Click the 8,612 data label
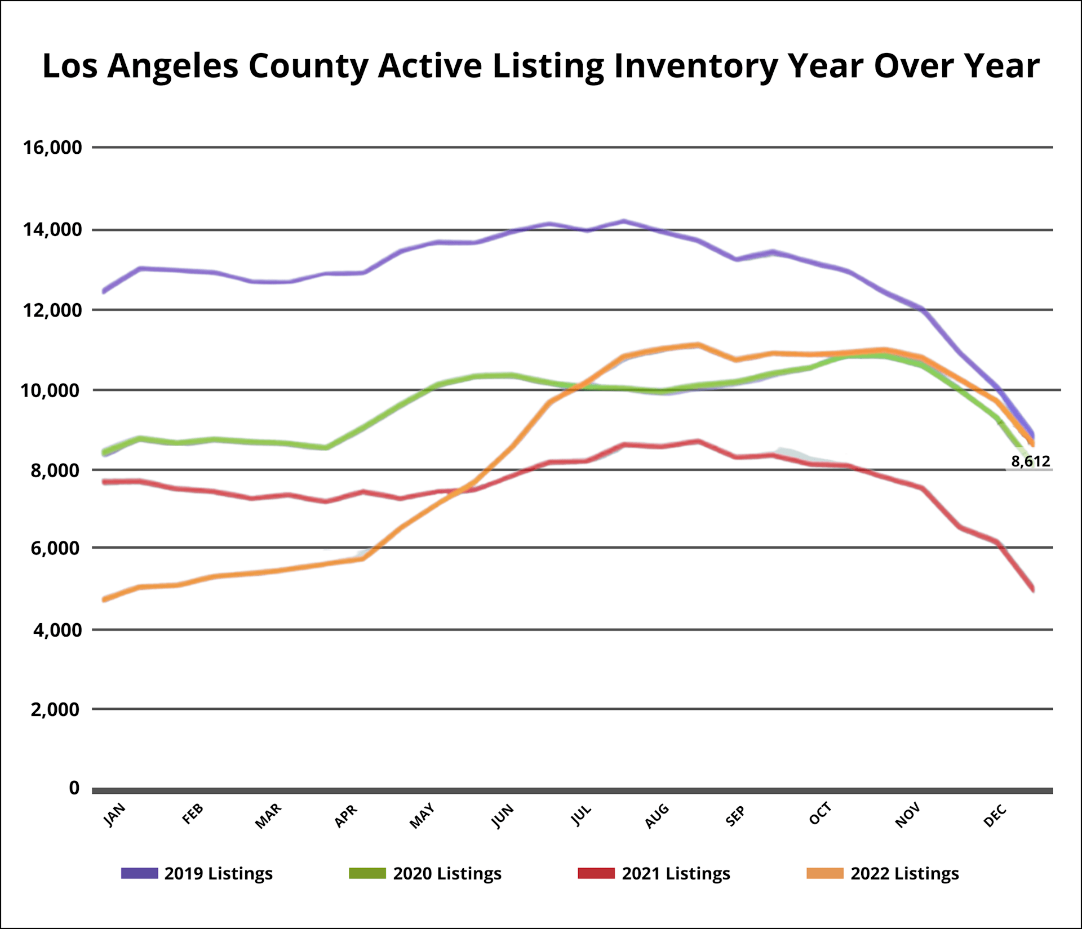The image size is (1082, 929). pos(1030,462)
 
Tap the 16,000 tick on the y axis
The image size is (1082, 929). pos(52,148)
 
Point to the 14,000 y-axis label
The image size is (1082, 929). pos(52,230)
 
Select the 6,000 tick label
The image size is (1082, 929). pos(55,548)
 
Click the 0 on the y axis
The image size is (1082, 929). pos(74,788)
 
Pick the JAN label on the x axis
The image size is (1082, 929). pos(114,815)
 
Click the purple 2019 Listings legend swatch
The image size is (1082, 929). pos(139,873)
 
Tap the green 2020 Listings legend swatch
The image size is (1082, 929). pos(367,873)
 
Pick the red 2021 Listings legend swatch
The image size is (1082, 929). pos(596,873)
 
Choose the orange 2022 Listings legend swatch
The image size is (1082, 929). pos(825,873)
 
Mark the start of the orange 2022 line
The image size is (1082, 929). pos(104,600)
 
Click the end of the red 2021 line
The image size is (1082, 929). pos(1033,589)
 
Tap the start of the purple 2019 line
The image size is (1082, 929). pos(104,291)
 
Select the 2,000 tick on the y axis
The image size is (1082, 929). pos(55,709)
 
